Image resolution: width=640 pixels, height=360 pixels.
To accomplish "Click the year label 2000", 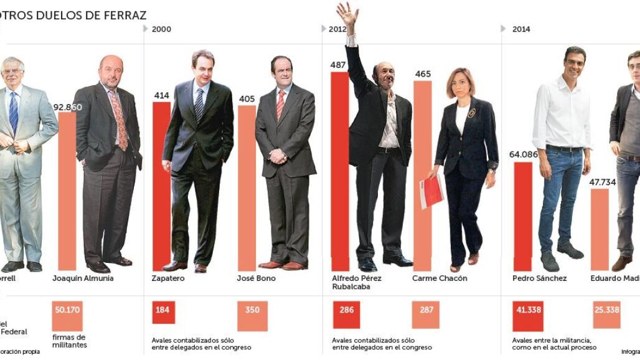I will pyautogui.click(x=161, y=29).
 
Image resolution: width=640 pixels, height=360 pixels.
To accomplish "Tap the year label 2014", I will pyautogui.click(x=521, y=29).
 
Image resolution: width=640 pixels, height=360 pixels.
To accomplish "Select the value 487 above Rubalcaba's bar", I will pyautogui.click(x=339, y=65).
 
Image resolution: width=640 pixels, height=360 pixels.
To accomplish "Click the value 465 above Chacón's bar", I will pyautogui.click(x=423, y=74).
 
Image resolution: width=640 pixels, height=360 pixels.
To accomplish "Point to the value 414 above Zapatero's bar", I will pyautogui.click(x=161, y=95).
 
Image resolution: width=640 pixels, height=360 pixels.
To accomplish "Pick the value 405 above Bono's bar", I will pyautogui.click(x=247, y=98).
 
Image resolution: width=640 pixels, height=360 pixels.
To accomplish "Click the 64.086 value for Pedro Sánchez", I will pyautogui.click(x=523, y=155).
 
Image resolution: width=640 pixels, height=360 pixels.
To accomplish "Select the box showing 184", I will pyautogui.click(x=163, y=310).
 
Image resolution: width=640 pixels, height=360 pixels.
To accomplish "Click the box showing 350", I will pyautogui.click(x=252, y=310).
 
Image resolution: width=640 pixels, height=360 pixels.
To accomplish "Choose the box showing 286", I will pyautogui.click(x=347, y=310).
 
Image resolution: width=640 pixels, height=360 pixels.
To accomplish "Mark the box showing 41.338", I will pyautogui.click(x=527, y=310).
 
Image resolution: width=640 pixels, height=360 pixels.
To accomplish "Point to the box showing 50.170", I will pyautogui.click(x=67, y=310).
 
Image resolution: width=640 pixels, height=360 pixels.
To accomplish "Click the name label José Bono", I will pyautogui.click(x=256, y=278).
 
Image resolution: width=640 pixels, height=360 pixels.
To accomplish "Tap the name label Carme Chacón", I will pyautogui.click(x=439, y=278).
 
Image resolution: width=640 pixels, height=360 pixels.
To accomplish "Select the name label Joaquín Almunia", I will pyautogui.click(x=83, y=278).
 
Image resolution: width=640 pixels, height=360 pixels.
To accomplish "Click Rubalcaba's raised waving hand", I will pyautogui.click(x=347, y=14).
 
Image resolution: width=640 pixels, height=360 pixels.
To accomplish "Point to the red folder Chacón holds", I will pyautogui.click(x=431, y=191).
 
